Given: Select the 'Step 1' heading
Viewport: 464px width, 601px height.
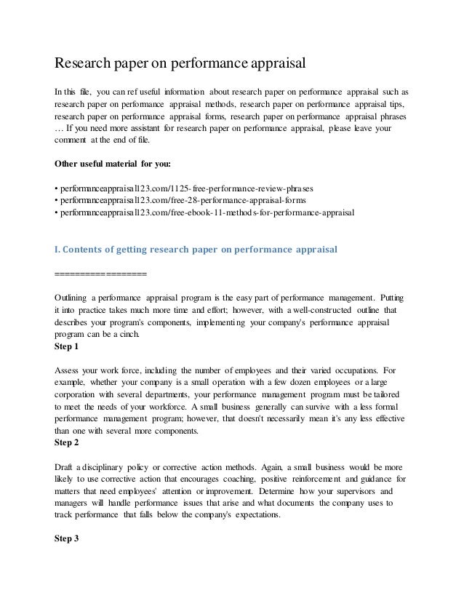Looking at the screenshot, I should pos(71,348).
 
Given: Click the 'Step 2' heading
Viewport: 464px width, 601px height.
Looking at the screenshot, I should pos(71,443).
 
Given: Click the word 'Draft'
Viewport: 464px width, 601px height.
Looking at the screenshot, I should pos(66,466).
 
